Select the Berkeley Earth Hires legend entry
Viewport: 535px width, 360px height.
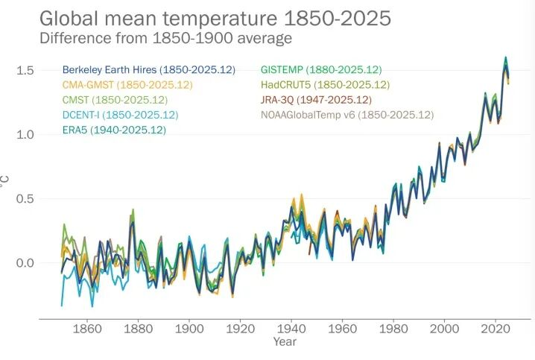pos(148,70)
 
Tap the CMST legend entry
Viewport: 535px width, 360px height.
pos(115,100)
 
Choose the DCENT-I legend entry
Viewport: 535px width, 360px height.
pos(121,115)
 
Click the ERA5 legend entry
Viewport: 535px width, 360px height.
pos(114,130)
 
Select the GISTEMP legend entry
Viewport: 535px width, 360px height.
pos(322,70)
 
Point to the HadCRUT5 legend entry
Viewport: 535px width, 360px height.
pos(326,85)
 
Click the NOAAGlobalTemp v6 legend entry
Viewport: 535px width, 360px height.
pos(346,115)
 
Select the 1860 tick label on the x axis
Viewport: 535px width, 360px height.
pos(87,329)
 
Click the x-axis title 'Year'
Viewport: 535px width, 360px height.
pos(284,342)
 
